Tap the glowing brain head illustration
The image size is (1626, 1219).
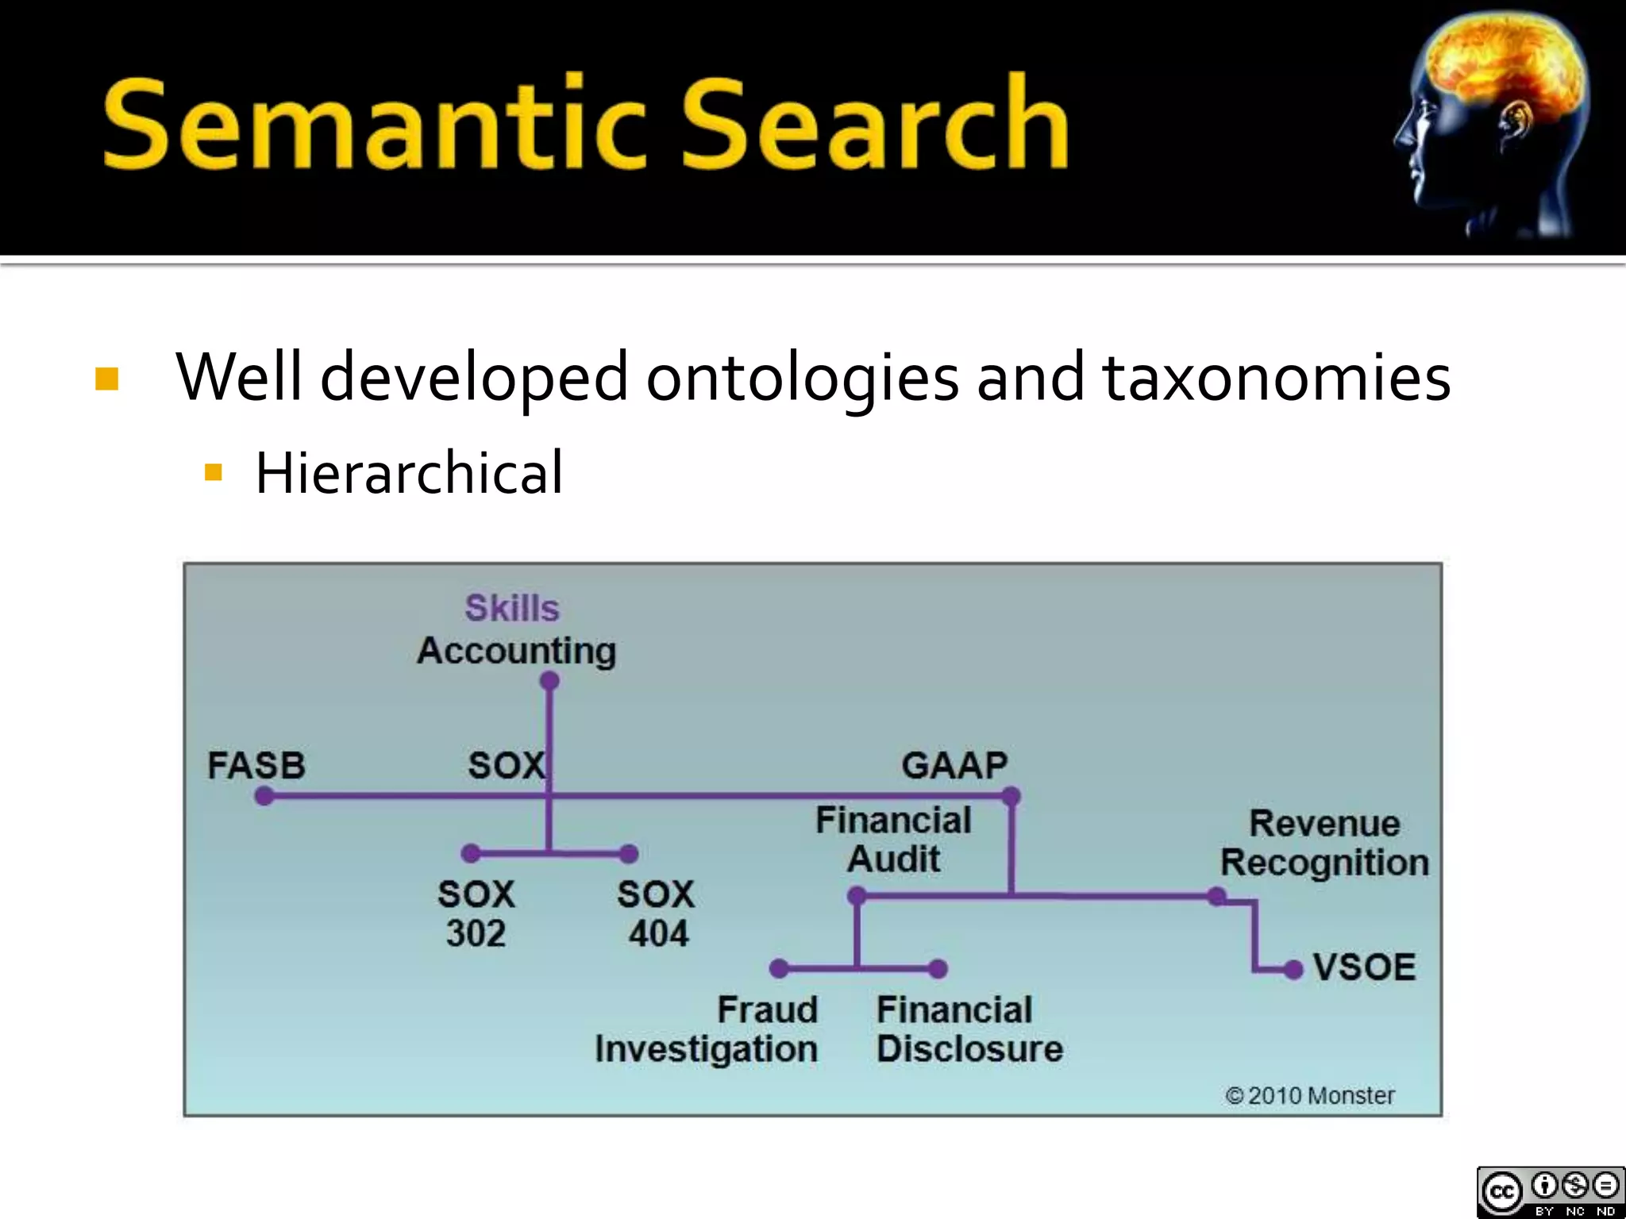[x=1493, y=127]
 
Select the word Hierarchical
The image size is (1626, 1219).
[x=409, y=473]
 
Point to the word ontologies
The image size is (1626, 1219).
[x=802, y=378]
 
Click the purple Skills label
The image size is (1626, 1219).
[x=512, y=609]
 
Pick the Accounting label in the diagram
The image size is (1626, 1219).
[x=517, y=651]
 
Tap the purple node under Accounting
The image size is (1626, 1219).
[x=549, y=681]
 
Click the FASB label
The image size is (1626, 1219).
[x=256, y=766]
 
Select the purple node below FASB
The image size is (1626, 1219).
[x=264, y=796]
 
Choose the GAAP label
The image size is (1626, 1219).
[x=954, y=766]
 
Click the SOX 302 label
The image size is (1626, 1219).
[x=476, y=914]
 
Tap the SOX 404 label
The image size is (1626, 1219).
[x=657, y=914]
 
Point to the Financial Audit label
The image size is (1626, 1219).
[x=893, y=840]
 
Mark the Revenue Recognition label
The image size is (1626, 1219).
[x=1324, y=843]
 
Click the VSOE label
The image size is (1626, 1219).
[x=1364, y=967]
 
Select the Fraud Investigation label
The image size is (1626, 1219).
[x=707, y=1029]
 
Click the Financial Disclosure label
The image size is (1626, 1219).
[x=969, y=1029]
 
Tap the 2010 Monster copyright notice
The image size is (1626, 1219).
[x=1310, y=1096]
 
